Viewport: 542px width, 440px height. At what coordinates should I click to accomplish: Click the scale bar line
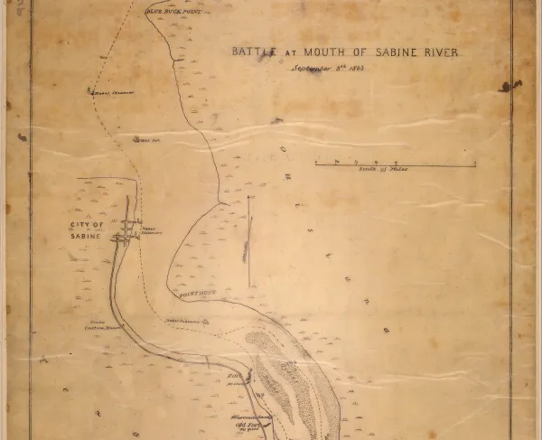[x=395, y=164]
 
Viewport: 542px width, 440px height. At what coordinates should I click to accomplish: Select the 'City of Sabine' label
[x=91, y=229]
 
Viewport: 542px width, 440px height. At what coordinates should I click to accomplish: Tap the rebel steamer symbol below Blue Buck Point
[x=91, y=90]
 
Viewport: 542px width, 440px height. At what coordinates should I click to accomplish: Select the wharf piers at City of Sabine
[x=127, y=230]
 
